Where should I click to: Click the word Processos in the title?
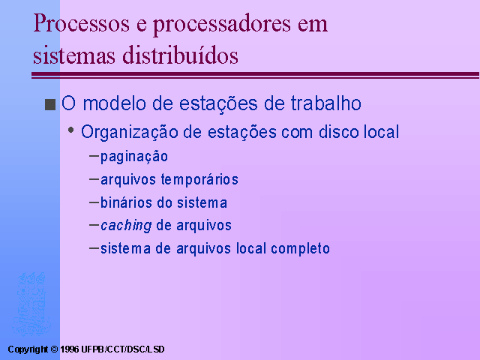click(82, 23)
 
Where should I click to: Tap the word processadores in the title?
click(222, 25)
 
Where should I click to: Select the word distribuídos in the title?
click(180, 55)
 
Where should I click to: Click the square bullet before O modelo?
click(50, 104)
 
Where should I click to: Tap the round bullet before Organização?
click(71, 130)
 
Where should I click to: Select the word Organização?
click(130, 133)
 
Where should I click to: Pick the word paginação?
click(134, 157)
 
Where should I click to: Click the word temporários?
click(199, 180)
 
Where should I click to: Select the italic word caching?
click(126, 226)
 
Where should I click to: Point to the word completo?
click(300, 248)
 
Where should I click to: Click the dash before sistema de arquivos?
click(94, 248)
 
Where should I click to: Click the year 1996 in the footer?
click(70, 349)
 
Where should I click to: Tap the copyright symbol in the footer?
click(54, 349)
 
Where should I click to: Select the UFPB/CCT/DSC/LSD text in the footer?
click(123, 349)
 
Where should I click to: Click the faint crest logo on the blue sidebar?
click(30, 304)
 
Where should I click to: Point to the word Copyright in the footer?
click(28, 349)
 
